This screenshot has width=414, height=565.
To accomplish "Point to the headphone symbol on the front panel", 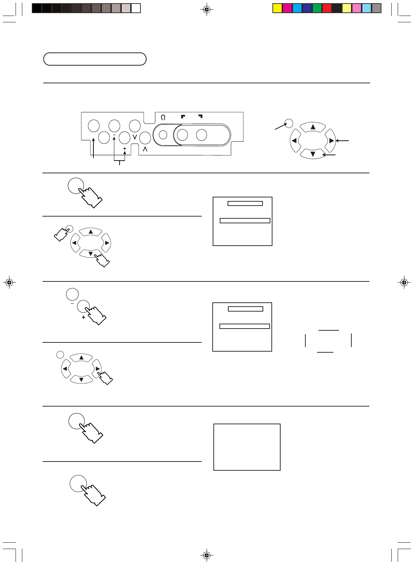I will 163,117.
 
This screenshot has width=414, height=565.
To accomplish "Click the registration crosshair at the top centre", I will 207,10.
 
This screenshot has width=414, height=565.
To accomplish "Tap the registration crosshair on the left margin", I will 10,282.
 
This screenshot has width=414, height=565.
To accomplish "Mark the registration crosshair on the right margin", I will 404,282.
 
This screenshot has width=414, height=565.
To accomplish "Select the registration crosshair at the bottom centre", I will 207,555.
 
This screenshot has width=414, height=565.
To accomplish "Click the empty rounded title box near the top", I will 95,59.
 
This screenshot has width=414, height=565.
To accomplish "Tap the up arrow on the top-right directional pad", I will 313,127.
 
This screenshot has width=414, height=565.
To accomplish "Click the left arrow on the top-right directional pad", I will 294,141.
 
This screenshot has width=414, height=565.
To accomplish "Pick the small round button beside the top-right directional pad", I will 289,123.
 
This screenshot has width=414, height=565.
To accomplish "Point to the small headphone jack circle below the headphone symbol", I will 163,135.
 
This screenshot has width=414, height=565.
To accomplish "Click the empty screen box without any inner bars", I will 247,447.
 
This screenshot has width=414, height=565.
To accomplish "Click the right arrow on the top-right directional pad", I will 331,141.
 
